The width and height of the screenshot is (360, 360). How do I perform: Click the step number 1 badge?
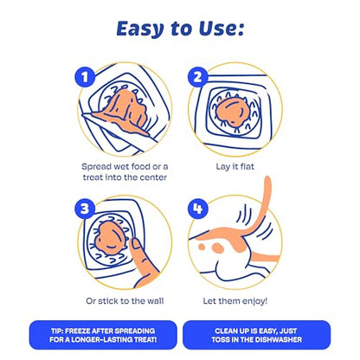(x=85, y=77)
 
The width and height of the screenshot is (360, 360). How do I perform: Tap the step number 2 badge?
(x=197, y=77)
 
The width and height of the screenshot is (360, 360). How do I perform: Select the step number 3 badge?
(x=85, y=209)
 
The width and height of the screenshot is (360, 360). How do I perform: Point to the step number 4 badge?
(x=197, y=209)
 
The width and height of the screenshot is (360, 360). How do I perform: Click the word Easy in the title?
(x=140, y=29)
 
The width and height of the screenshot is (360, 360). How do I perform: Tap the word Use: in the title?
(x=222, y=29)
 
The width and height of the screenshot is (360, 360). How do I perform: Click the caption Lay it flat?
(x=235, y=166)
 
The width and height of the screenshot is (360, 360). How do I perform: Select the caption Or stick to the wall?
(x=125, y=301)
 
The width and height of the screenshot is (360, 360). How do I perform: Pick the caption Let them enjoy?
(x=235, y=301)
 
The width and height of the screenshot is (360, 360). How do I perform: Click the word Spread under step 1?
(x=96, y=167)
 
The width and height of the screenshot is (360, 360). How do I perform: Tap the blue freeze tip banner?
(x=103, y=335)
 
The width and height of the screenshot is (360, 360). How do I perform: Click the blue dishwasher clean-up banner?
(x=256, y=335)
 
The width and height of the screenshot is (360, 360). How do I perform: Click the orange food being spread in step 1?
(x=123, y=111)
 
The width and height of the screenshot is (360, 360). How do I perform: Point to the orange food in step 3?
(x=110, y=238)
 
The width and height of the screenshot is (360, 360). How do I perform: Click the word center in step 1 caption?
(x=153, y=177)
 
